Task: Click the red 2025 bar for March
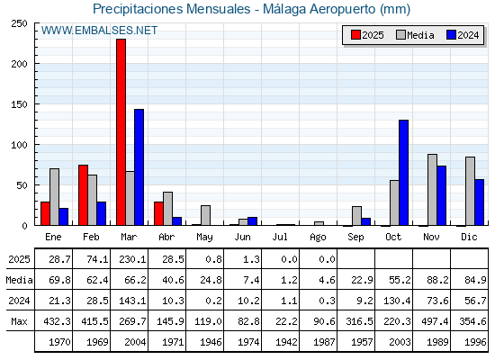tap(121, 132)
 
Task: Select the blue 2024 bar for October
tap(404, 173)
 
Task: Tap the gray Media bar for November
tap(432, 190)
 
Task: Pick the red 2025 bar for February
tap(83, 195)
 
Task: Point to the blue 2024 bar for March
tap(139, 167)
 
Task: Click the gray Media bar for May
tap(206, 215)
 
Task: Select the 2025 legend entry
tap(367, 35)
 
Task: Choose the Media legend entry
tap(415, 35)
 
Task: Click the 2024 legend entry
tap(463, 35)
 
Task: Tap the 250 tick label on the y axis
tap(19, 23)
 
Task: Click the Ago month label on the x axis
tap(318, 238)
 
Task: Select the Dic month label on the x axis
tap(469, 237)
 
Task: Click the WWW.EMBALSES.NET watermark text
tap(99, 31)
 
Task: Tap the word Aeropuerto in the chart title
tap(342, 9)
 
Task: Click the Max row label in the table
tap(19, 321)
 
